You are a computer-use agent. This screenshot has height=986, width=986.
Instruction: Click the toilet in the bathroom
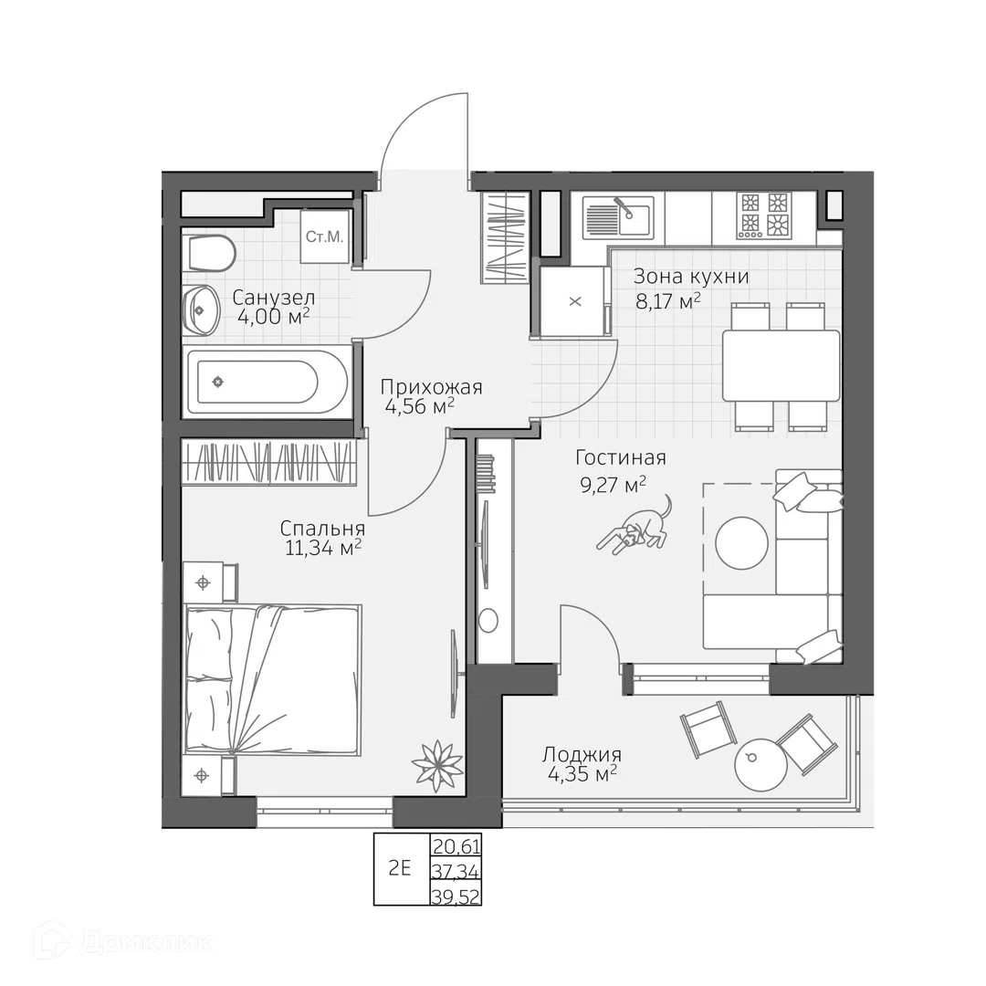211,254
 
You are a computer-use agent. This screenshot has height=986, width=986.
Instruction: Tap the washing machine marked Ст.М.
324,236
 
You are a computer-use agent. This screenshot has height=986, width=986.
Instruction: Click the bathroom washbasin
201,310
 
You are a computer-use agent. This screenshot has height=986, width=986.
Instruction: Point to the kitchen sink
618,217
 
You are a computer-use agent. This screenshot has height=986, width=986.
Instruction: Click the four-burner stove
764,215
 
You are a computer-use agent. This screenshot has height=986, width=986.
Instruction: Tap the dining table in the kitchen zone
781,365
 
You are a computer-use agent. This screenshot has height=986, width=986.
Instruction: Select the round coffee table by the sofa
741,542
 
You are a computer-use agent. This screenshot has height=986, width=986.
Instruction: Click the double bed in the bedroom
273,679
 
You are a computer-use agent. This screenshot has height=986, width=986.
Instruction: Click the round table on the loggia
760,764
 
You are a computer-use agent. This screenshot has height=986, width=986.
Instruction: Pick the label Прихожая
431,387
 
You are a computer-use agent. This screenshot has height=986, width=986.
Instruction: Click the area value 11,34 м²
323,548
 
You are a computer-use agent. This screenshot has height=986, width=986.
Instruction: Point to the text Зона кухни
691,277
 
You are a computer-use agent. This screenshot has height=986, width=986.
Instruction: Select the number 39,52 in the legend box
456,897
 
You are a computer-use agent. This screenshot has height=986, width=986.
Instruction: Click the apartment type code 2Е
399,869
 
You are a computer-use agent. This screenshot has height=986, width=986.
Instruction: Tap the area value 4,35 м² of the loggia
582,773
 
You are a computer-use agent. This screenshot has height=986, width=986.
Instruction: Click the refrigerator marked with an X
575,301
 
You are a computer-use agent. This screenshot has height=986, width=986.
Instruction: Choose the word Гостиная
621,457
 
